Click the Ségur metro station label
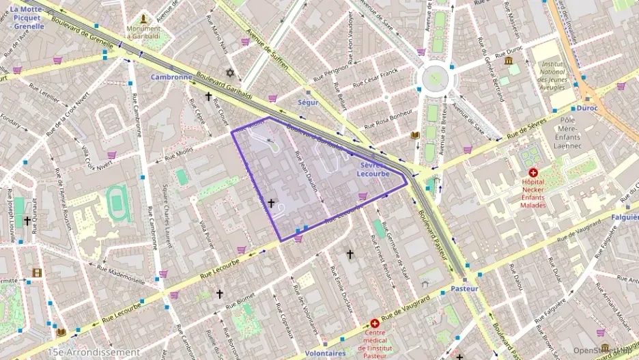pos(308,102)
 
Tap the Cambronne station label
pos(171,77)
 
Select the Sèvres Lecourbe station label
pos(373,169)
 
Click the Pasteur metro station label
pos(464,289)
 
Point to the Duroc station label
pos(586,108)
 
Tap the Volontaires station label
pos(326,353)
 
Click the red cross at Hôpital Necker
pos(533,173)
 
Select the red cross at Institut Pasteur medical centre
pos(375,323)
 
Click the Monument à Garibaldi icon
pos(143,18)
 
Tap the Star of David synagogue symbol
pos(230,72)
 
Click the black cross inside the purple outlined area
pos(271,203)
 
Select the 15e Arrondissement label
pos(94,352)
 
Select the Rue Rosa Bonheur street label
pos(388,120)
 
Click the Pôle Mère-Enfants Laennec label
pos(560,136)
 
